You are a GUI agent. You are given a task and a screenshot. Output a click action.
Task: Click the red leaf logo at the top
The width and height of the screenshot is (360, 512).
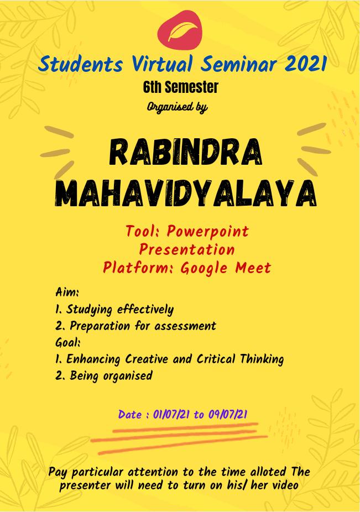[x=180, y=30]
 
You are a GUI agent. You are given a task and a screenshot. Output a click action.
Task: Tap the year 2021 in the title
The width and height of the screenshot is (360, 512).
[x=305, y=64]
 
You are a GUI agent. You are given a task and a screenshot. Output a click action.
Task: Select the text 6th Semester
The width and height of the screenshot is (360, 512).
[x=181, y=87]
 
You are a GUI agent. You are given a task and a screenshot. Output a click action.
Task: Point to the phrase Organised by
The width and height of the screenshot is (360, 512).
[x=177, y=107]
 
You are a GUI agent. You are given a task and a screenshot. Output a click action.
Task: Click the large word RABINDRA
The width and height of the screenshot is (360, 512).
[x=186, y=152]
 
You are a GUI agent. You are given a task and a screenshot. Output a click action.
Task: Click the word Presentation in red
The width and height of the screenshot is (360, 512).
[x=187, y=250]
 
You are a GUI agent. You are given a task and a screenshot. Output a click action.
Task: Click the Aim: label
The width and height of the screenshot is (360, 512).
[x=67, y=291]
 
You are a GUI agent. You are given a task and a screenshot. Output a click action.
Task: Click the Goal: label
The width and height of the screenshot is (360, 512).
[x=68, y=342]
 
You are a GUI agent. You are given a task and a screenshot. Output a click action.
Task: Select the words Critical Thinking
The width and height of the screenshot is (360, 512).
[x=240, y=359]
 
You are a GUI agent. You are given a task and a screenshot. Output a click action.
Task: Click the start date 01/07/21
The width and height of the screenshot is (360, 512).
[x=171, y=414]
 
